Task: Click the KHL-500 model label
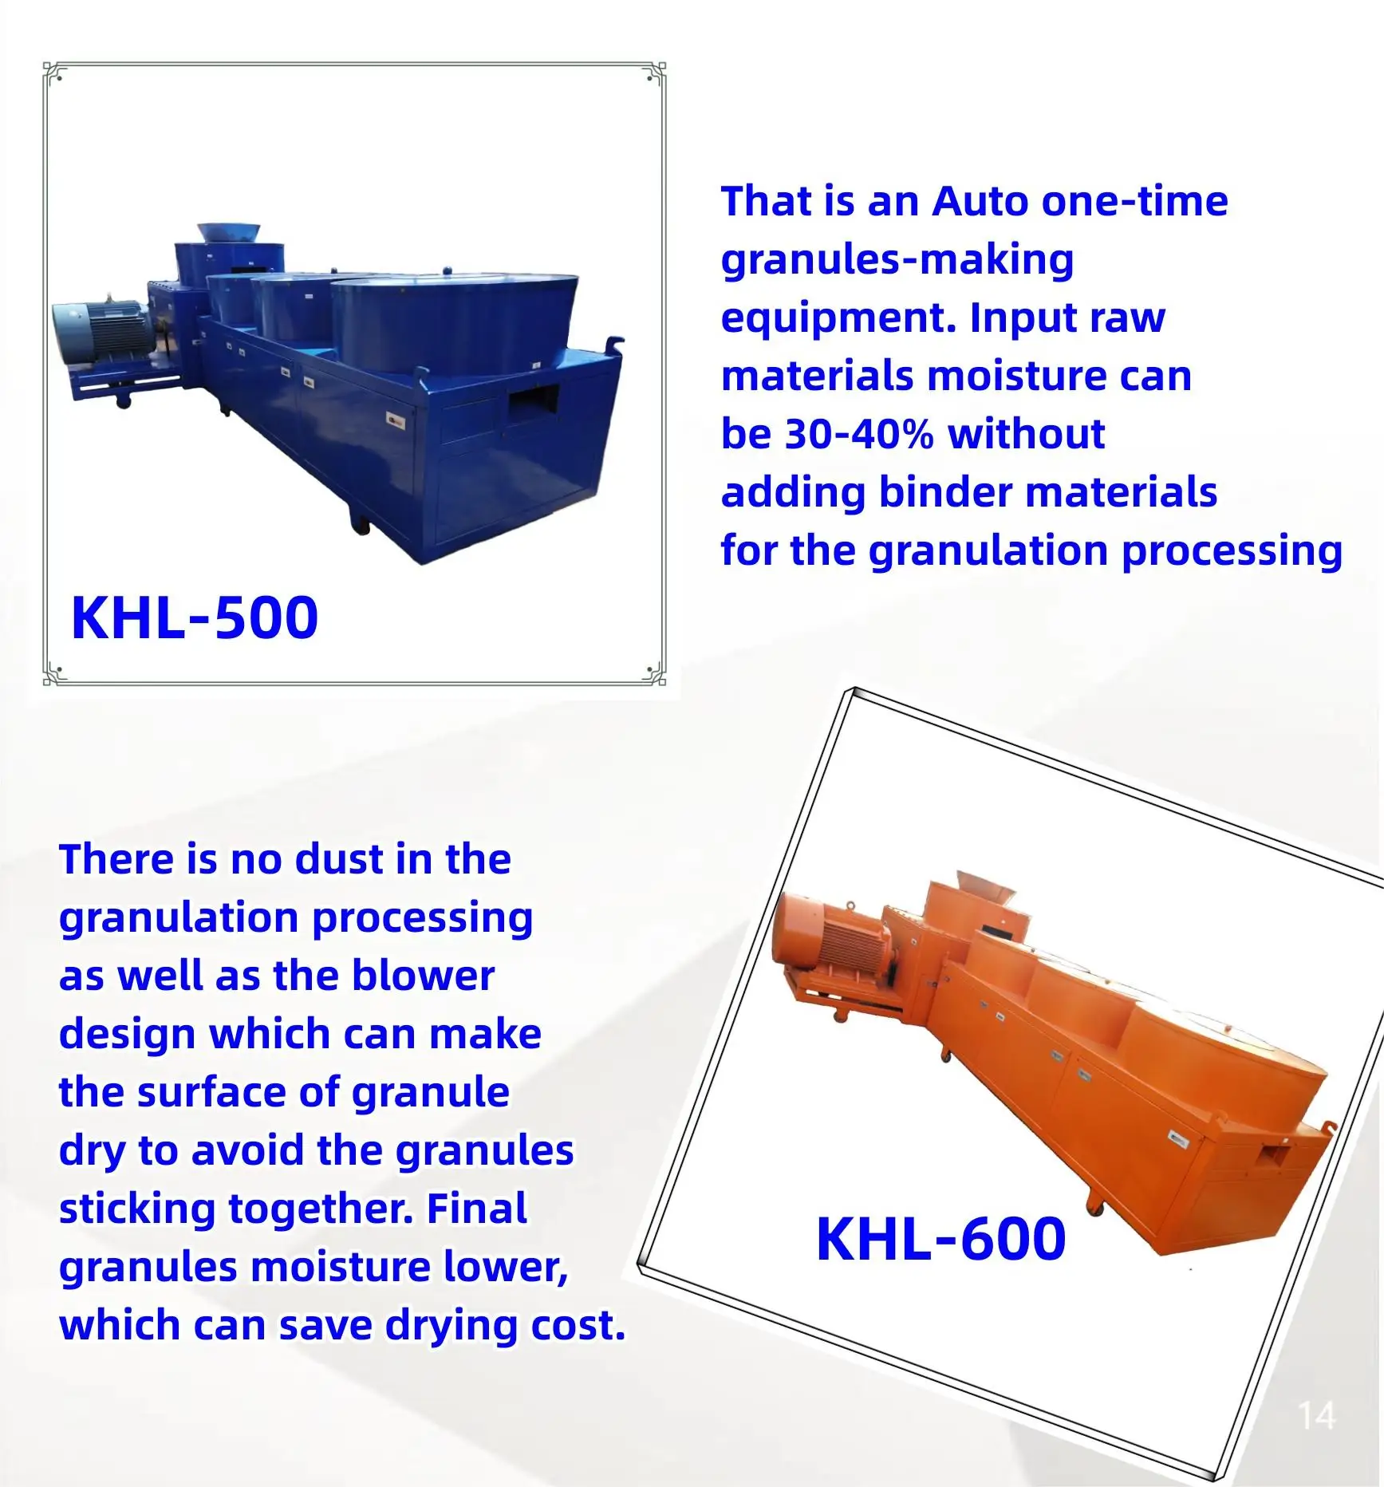click(x=195, y=618)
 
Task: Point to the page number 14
click(x=1316, y=1417)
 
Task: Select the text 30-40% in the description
click(x=859, y=434)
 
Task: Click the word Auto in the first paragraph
click(x=981, y=201)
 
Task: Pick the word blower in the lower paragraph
click(x=423, y=976)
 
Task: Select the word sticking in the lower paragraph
click(x=137, y=1209)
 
